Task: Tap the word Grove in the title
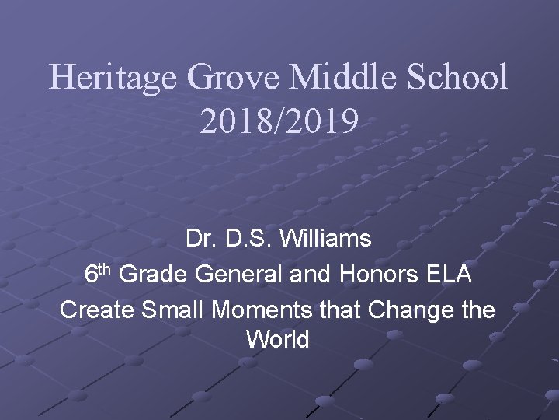tap(236, 79)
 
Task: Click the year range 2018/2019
tap(279, 121)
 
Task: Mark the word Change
tap(411, 310)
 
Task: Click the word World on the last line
tap(278, 340)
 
